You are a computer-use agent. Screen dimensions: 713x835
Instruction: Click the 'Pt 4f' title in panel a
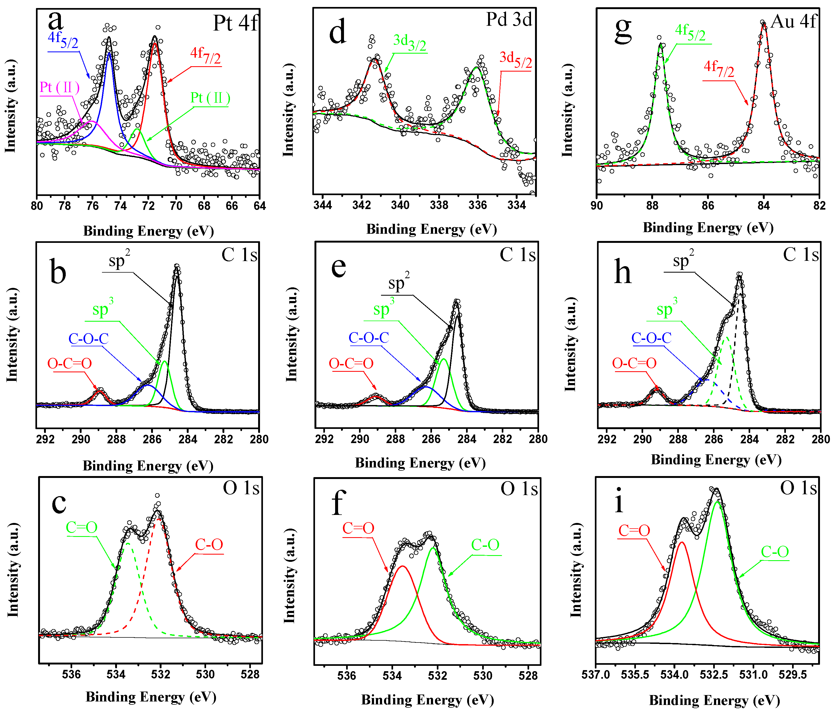coord(235,23)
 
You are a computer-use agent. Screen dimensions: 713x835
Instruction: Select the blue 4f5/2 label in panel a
coord(63,40)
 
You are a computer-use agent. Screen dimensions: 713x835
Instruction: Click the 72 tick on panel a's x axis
coord(148,206)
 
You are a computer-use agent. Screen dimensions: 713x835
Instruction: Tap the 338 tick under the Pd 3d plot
coord(439,205)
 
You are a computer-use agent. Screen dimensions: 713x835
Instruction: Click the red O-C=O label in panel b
coord(69,363)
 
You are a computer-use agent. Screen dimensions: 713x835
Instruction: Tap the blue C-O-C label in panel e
coord(369,337)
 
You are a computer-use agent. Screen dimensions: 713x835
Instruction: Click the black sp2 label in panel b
coord(119,261)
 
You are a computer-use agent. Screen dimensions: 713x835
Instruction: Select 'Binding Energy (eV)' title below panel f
coord(427,700)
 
